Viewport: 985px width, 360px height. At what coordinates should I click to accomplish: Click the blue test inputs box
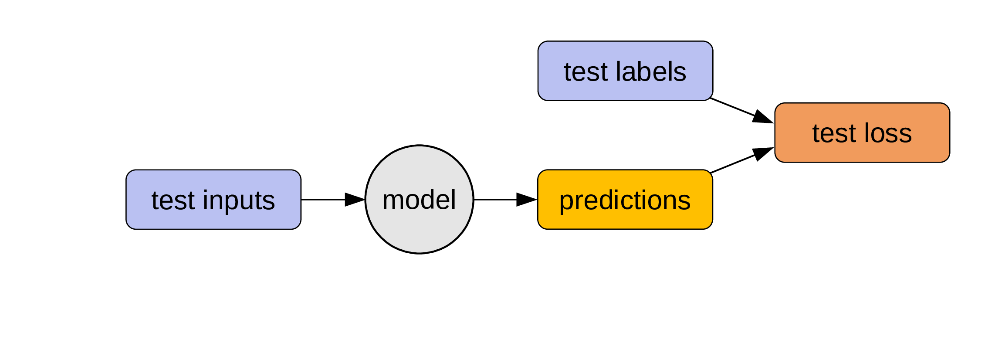click(213, 200)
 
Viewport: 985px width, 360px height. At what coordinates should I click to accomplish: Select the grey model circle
click(419, 199)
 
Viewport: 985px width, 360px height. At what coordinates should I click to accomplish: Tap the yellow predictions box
click(625, 200)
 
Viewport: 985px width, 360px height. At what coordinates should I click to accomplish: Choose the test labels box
click(625, 71)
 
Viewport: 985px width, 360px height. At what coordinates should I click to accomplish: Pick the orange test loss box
click(862, 132)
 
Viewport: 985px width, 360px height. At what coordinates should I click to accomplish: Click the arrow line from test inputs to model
click(333, 200)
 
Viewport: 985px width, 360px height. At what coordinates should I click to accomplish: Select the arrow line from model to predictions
click(505, 200)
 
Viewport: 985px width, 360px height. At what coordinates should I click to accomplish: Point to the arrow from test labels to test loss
click(741, 110)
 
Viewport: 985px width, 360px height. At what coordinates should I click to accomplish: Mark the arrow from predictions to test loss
click(741, 160)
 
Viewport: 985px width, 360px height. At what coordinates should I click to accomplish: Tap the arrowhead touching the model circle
click(355, 200)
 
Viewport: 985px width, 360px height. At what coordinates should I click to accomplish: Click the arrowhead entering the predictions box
click(527, 200)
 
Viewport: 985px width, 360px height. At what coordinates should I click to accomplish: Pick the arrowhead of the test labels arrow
click(763, 117)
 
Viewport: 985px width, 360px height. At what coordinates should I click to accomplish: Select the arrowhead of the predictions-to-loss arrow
click(763, 154)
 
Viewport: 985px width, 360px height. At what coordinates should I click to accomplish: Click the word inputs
click(239, 201)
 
